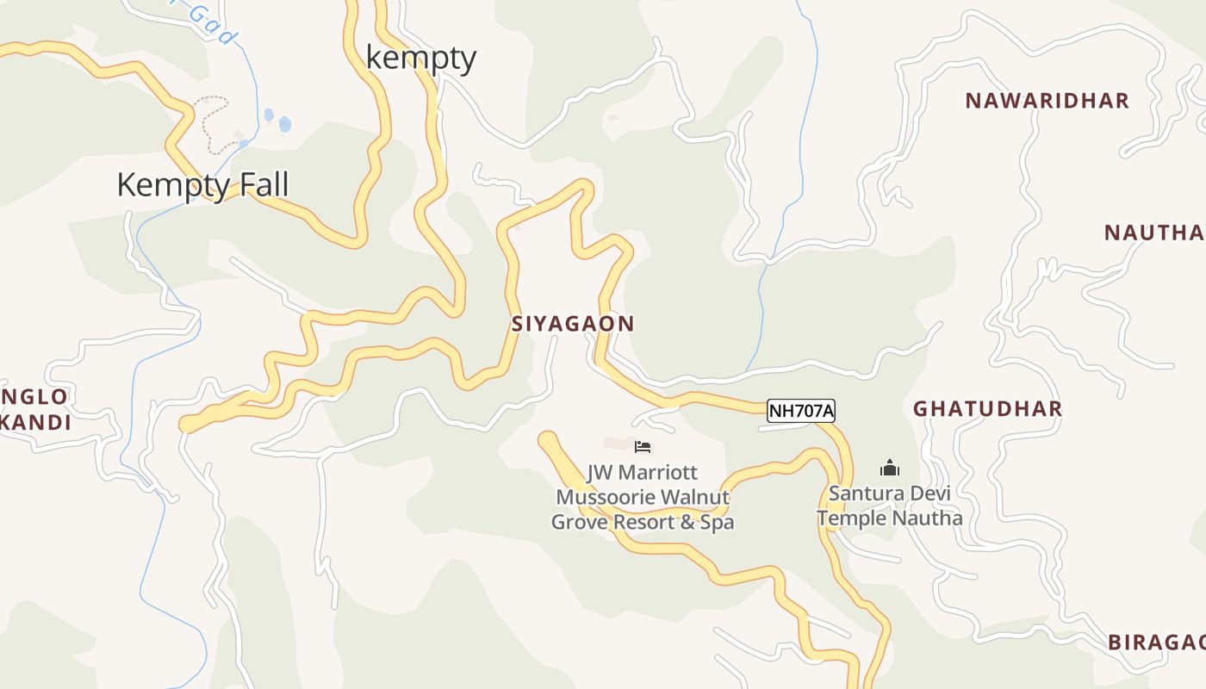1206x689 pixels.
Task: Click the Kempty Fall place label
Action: coord(202,185)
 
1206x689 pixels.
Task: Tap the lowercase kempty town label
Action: coord(421,58)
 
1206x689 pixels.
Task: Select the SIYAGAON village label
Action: coord(573,324)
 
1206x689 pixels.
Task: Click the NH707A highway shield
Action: coord(801,411)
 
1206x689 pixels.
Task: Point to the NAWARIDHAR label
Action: coord(1047,101)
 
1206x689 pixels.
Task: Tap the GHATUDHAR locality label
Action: coord(987,408)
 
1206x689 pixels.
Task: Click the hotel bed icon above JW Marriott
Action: coord(643,446)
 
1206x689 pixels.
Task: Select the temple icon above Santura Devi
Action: coord(889,468)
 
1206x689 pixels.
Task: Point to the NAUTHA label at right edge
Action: coord(1154,233)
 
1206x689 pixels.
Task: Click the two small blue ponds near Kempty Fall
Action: coord(277,120)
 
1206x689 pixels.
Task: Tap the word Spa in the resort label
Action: coord(717,522)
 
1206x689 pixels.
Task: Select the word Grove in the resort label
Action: coord(581,522)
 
